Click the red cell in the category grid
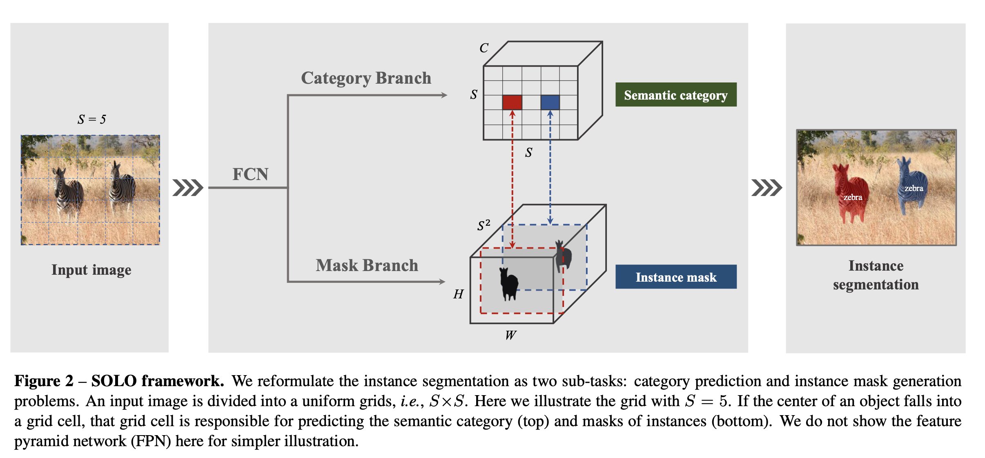[512, 102]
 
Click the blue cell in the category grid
[550, 102]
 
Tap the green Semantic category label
[675, 95]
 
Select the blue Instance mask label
[675, 277]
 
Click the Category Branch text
[366, 78]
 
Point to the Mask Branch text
[367, 265]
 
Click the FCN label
[250, 174]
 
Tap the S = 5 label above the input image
[91, 119]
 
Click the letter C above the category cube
[484, 48]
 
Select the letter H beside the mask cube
[458, 294]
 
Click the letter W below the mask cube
[510, 335]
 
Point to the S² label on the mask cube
[484, 225]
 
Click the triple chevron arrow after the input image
[187, 188]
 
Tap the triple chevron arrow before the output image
[767, 188]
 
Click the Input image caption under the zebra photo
[91, 270]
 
